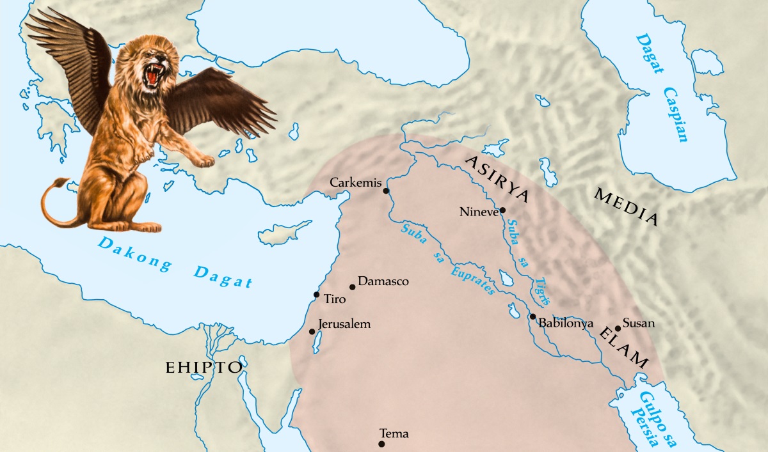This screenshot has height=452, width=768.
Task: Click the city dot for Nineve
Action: click(503, 210)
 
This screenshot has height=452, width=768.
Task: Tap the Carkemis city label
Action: click(355, 183)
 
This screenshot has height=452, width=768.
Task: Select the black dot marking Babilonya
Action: click(532, 316)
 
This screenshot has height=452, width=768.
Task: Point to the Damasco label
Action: click(383, 281)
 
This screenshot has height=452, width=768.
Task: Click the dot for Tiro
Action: click(316, 295)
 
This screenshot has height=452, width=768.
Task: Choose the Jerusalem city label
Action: click(344, 324)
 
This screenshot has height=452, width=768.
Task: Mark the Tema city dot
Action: click(381, 444)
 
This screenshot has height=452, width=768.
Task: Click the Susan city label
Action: click(639, 323)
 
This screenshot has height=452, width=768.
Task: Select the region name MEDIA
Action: click(626, 206)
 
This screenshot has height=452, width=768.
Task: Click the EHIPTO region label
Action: click(204, 368)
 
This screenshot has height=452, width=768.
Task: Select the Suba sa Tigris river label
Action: click(528, 260)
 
